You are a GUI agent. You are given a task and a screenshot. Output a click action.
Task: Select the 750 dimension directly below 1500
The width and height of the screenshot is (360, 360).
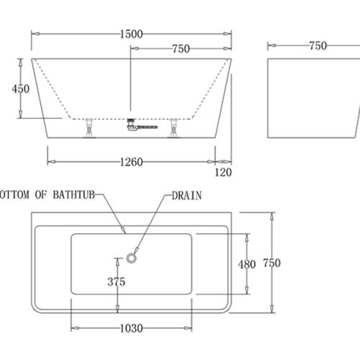(x=180, y=49)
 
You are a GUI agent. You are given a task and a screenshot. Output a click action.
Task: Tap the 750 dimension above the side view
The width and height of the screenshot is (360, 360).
(x=317, y=45)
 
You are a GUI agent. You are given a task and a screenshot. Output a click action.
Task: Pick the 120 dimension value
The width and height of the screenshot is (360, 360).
(x=223, y=172)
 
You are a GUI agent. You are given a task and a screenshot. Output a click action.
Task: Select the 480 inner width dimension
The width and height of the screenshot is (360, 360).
(x=247, y=264)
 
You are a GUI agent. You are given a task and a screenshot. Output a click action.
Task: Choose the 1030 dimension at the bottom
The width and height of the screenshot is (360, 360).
(x=130, y=327)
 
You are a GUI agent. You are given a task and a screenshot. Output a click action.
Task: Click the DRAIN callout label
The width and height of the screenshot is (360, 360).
(x=186, y=194)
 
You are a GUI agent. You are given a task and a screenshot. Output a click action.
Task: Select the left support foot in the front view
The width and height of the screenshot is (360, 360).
(x=89, y=127)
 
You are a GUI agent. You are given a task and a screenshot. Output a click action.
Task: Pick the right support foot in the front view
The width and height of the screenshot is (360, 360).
(x=174, y=127)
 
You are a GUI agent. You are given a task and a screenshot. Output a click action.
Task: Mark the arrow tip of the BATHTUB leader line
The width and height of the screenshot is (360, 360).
(x=125, y=233)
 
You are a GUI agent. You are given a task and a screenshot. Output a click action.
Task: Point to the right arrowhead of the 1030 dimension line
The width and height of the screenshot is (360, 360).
(x=189, y=327)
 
